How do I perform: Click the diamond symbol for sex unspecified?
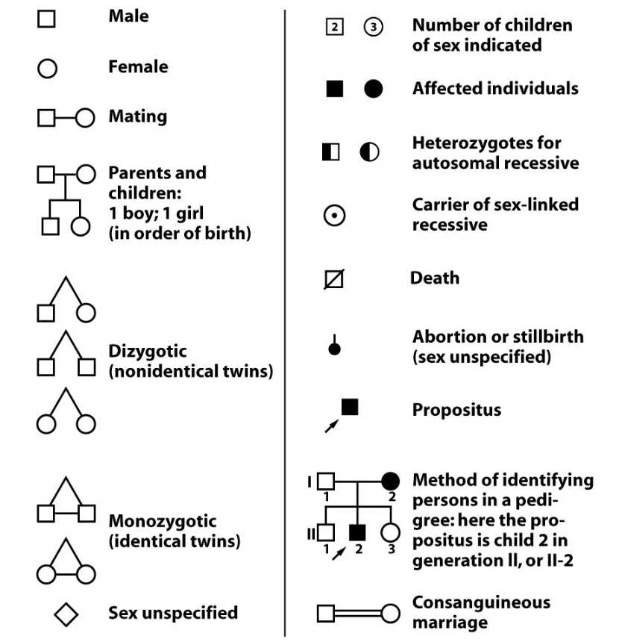click(66, 614)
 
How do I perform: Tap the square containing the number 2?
click(335, 27)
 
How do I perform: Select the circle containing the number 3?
click(373, 27)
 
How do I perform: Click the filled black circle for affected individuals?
click(373, 88)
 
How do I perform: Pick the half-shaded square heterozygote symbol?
click(331, 152)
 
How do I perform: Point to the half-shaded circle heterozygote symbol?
click(369, 152)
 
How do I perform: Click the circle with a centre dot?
click(335, 215)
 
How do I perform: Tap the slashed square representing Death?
click(334, 279)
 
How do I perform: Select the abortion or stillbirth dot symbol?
click(335, 345)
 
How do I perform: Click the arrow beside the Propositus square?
click(332, 426)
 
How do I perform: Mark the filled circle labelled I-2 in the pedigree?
click(390, 481)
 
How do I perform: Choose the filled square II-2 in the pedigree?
click(357, 532)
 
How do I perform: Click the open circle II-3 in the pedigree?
click(390, 533)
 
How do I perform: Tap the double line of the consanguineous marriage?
click(358, 614)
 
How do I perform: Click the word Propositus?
click(456, 410)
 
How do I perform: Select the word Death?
click(435, 278)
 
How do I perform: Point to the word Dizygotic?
click(147, 352)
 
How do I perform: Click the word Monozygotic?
click(163, 521)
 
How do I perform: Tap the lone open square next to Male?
click(46, 19)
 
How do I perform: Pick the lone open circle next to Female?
click(47, 69)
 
